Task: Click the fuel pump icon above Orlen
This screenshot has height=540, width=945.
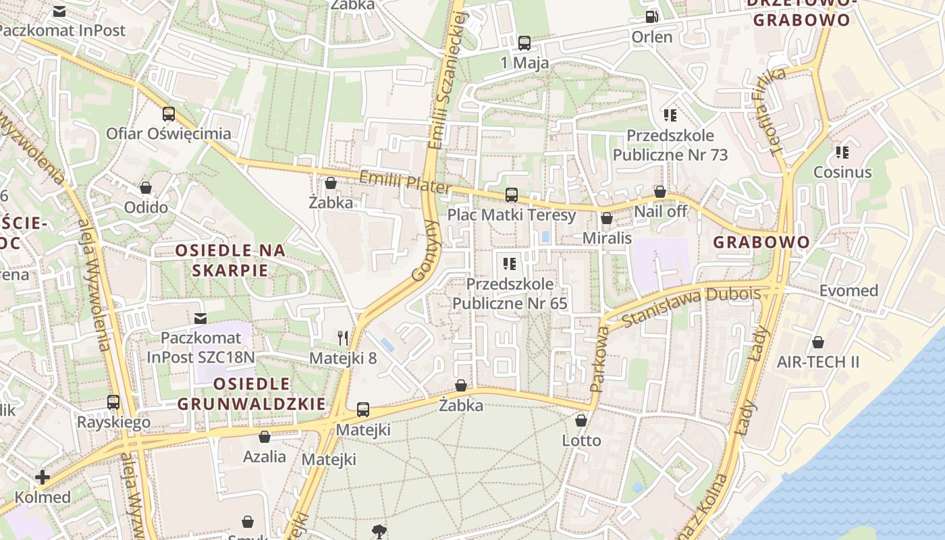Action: (x=651, y=17)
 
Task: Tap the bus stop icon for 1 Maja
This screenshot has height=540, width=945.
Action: (x=524, y=43)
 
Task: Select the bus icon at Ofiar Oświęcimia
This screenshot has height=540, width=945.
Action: (x=169, y=114)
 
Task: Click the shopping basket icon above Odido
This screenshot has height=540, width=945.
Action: (x=146, y=188)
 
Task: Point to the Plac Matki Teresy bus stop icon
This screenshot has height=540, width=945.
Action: (x=512, y=195)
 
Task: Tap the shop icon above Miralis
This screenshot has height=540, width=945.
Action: (x=607, y=218)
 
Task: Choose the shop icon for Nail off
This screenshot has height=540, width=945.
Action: (x=660, y=192)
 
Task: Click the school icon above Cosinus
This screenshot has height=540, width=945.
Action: (x=842, y=153)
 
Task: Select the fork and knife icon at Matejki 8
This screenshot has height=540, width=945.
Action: (x=343, y=337)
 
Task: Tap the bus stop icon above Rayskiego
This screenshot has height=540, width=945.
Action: (x=113, y=402)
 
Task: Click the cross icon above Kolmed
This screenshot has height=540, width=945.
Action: (x=43, y=478)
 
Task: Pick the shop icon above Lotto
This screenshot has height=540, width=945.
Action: (x=581, y=421)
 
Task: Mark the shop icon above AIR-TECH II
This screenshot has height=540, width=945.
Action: (x=818, y=342)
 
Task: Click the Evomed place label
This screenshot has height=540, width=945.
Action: (x=848, y=291)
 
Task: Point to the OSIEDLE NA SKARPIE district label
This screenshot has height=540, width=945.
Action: (x=230, y=261)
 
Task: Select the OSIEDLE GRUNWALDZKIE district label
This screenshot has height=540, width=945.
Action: (x=252, y=394)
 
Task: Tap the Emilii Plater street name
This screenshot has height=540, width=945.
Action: (x=404, y=182)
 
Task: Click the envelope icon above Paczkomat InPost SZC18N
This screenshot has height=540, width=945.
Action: (x=200, y=318)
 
